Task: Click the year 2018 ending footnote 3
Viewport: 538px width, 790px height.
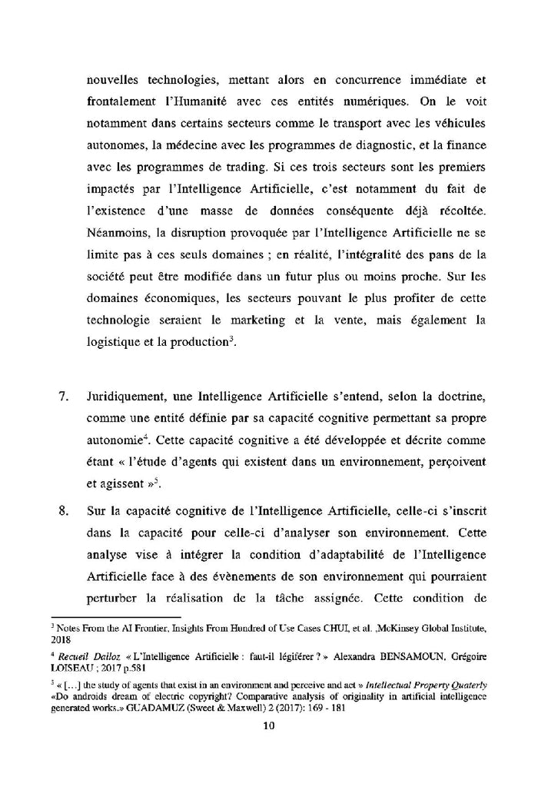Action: coord(61,639)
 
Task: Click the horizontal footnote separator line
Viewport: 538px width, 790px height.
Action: coord(115,616)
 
